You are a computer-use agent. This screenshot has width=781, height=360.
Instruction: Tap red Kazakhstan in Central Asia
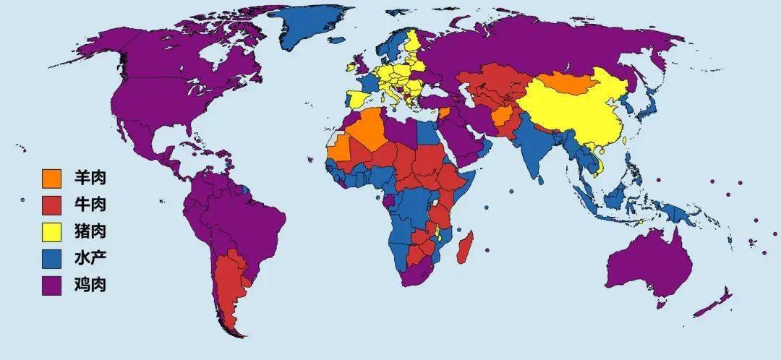(x=499, y=80)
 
